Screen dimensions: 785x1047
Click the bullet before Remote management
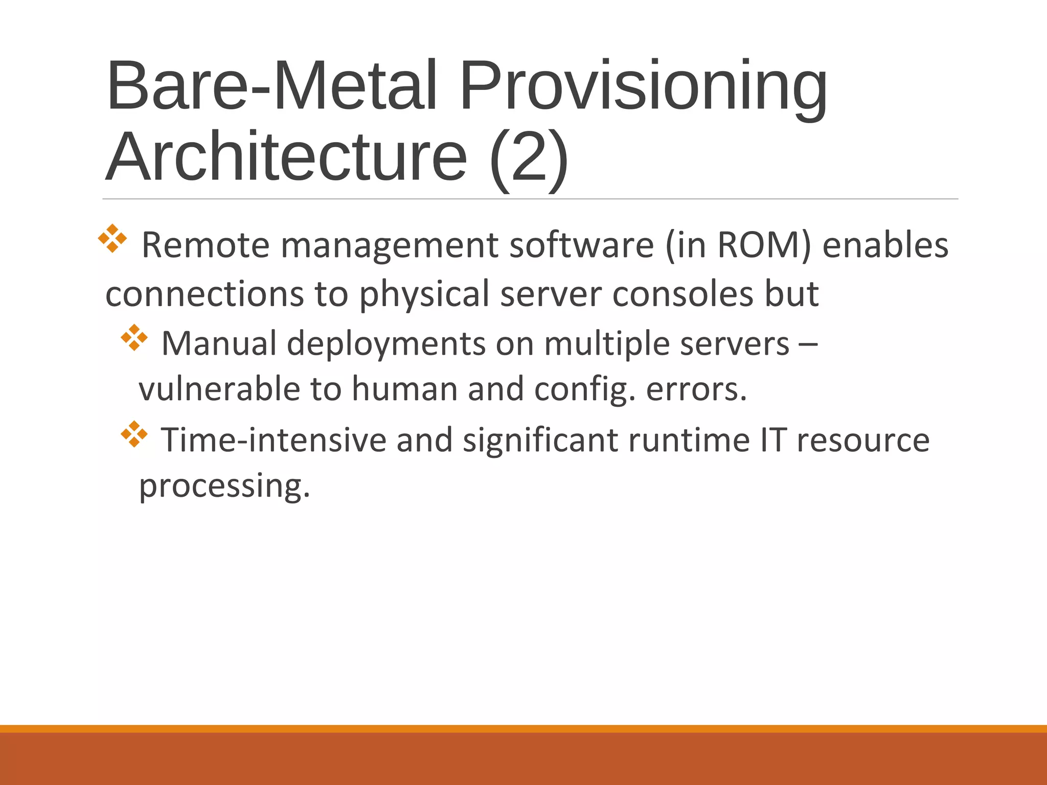[112, 239]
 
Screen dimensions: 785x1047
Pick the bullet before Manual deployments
[134, 338]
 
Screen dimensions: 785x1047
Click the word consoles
[683, 294]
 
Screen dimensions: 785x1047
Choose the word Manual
[219, 343]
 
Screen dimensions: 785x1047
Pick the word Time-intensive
[274, 440]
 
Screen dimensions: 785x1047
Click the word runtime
[689, 440]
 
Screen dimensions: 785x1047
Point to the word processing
[224, 486]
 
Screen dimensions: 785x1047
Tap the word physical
[425, 294]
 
